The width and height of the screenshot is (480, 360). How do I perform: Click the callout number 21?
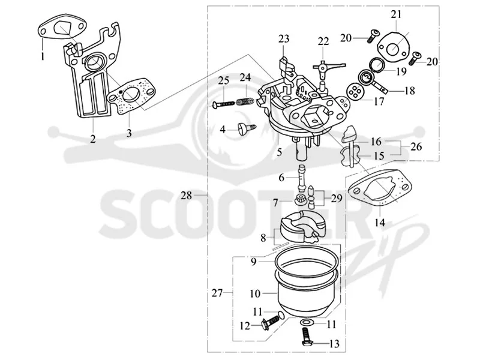(396, 14)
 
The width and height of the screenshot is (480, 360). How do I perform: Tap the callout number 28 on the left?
(186, 195)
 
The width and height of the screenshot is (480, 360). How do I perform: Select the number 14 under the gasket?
(380, 222)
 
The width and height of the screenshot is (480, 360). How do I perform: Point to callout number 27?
(217, 293)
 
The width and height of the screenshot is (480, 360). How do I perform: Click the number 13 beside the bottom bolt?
(334, 344)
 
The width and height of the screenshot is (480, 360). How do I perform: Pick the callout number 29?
(337, 199)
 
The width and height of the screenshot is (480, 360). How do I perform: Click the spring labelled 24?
(246, 100)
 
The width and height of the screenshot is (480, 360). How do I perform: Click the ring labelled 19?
(377, 65)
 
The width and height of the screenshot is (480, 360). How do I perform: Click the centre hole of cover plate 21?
(393, 48)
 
